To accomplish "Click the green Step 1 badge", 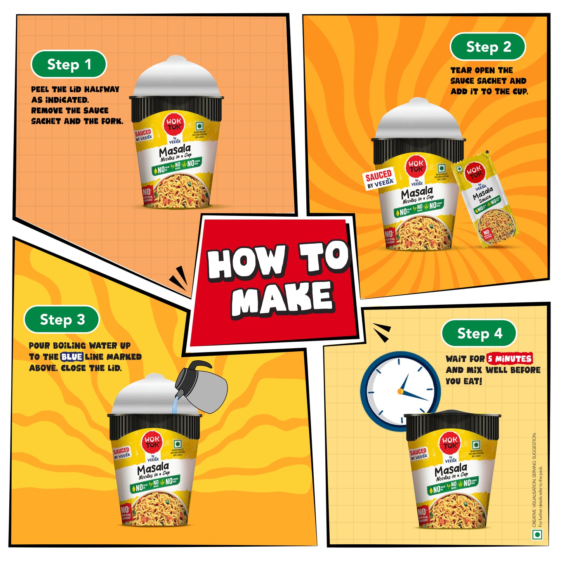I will coord(69,64).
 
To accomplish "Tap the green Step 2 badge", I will coord(488,47).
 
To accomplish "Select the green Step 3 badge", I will coord(62,320).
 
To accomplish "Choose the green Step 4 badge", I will coord(479,333).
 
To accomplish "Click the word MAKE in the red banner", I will coord(282,298).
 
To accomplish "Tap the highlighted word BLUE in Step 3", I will coord(72,357).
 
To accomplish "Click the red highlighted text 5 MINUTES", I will coord(510,359).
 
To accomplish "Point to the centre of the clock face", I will coord(401,391).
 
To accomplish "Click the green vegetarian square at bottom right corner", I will coord(537,535).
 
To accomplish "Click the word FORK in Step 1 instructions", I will coord(112,121).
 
